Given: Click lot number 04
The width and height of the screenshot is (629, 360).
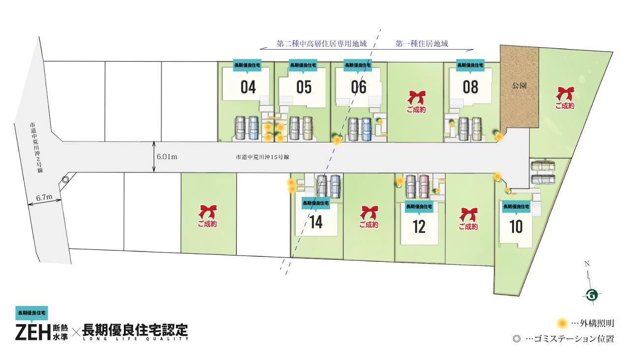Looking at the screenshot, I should point(248,87).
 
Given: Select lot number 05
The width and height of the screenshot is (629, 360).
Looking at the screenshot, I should point(304,87).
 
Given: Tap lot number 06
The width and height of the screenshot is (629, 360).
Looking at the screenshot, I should point(359,87).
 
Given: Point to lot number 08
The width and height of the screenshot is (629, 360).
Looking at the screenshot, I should point(470,87).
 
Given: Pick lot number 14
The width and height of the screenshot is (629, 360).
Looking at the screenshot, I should point(316,222).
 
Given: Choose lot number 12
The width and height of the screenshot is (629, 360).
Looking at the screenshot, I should point(419,226).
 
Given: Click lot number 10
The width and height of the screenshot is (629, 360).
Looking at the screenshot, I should point(516,227).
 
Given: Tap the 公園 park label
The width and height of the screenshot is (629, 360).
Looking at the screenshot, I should point(519,85).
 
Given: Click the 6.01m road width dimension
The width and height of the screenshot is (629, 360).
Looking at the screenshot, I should point(167,157).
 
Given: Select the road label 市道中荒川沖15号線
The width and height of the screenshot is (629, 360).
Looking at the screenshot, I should point(261,157).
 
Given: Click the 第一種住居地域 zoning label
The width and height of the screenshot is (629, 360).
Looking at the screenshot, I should point(422,44).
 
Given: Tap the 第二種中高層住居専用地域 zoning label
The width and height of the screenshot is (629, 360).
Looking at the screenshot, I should point(322,44).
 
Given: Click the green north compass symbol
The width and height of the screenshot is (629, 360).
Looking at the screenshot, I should point(592,295).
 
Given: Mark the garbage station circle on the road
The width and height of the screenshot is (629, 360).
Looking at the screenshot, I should point(65,180).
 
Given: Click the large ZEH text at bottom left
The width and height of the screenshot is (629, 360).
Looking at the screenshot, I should point(33,332).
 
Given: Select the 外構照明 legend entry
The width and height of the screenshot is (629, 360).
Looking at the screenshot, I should point(586,323).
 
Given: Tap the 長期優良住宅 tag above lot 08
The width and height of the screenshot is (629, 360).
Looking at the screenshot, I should point(470,65).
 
